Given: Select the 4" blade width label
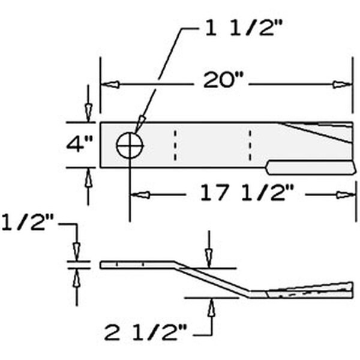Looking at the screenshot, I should (79, 145).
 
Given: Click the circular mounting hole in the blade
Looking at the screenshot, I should (130, 145).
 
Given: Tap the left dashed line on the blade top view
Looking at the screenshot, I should (175, 145).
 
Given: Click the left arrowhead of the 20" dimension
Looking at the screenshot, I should (109, 85).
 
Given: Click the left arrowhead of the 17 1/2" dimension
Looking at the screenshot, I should (139, 194).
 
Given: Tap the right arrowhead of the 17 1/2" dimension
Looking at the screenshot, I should (344, 194).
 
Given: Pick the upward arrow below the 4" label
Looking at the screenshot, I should (88, 178).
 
